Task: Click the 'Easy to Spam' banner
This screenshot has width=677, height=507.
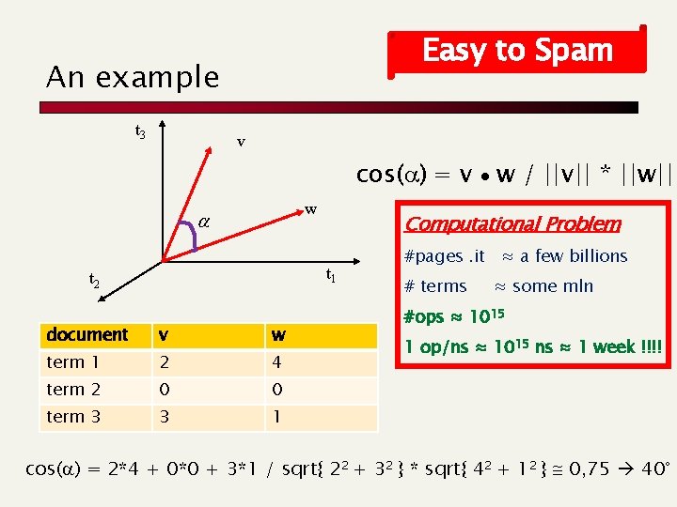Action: point(517,50)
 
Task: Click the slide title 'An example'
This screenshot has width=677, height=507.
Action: point(133,77)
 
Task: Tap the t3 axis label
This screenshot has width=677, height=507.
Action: point(140,131)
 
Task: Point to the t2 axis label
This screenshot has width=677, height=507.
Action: point(95,280)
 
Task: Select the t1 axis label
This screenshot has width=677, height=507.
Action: point(331,275)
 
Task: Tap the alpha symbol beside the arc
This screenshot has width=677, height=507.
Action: point(204,223)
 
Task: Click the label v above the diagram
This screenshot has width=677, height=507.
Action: point(241,142)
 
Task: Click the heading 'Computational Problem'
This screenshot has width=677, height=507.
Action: point(512,223)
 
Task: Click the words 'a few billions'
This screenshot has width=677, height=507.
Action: point(574,255)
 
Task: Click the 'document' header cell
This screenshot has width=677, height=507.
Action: point(87,334)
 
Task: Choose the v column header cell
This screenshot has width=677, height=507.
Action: point(165,334)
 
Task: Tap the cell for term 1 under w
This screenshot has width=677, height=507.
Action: point(277,362)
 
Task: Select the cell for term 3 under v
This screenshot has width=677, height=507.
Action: point(165,417)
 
